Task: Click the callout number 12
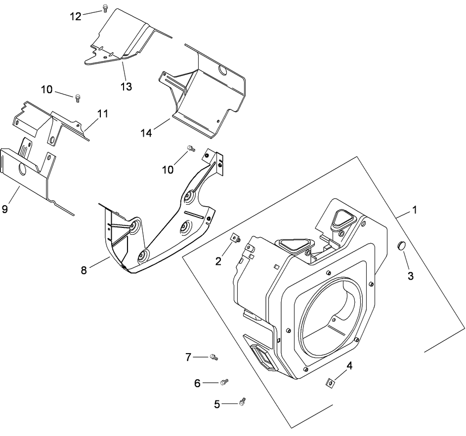75,16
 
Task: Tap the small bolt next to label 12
105,7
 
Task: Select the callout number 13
127,86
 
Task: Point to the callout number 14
147,133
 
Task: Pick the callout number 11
102,114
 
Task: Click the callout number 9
5,209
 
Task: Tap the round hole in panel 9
22,171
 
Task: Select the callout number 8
85,270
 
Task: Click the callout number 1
415,210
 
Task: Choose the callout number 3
410,276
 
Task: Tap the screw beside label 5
242,402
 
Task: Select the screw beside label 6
224,381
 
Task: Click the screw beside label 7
214,357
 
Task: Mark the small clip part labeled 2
236,239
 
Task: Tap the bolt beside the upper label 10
78,98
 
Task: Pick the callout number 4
349,366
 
